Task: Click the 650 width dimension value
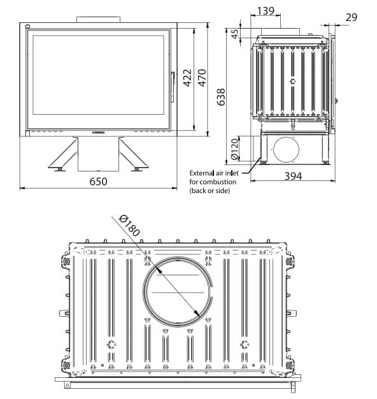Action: [x=98, y=181]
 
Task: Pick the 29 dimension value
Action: [x=352, y=17]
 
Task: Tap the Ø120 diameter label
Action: [x=234, y=149]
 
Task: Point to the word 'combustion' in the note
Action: [x=217, y=182]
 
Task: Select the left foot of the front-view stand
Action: [x=59, y=168]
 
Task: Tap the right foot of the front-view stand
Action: [x=137, y=168]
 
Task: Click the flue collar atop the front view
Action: [x=98, y=20]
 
